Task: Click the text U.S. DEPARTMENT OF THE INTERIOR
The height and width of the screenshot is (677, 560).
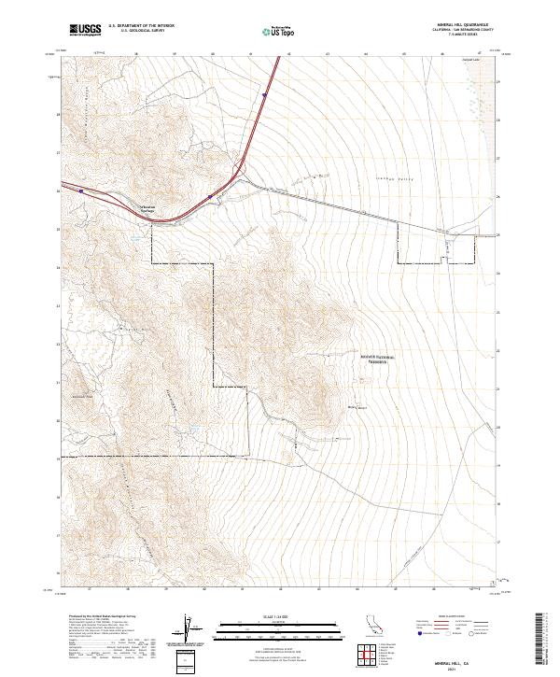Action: (x=141, y=26)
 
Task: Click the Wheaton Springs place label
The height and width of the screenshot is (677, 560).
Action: (x=149, y=210)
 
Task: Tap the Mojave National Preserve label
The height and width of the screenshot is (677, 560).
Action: (x=374, y=359)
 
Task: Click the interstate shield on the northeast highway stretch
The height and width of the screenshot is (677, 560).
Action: (x=265, y=94)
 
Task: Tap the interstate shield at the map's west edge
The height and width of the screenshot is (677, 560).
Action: (x=82, y=190)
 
